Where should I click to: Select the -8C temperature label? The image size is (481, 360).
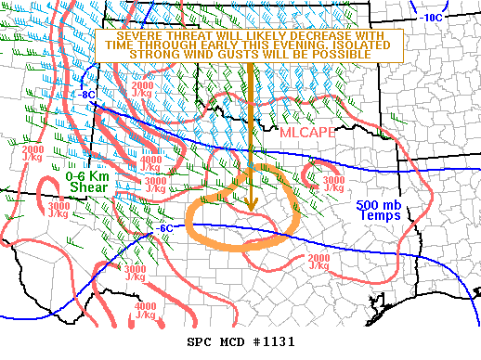85,95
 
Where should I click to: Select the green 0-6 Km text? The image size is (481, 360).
87,175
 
